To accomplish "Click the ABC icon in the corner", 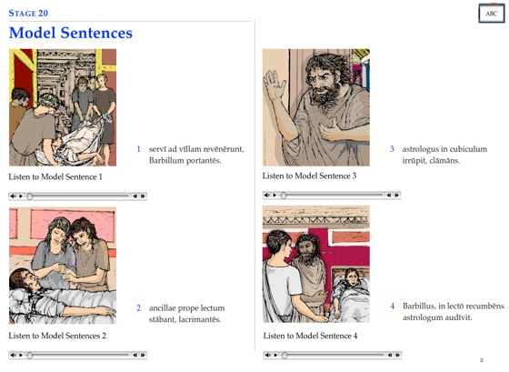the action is click(x=492, y=14).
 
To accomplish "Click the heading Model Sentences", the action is click(x=71, y=33).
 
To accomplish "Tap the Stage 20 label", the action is click(x=28, y=14).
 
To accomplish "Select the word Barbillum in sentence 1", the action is click(x=165, y=160).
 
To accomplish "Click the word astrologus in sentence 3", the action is click(x=417, y=149).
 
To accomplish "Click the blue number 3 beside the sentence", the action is click(x=392, y=149).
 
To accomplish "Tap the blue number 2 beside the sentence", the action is click(x=138, y=308).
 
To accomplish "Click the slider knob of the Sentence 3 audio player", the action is click(x=284, y=196).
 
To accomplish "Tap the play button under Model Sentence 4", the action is click(x=275, y=355).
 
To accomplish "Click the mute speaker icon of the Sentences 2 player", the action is click(x=13, y=355).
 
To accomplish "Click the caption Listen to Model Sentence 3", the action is click(x=309, y=176).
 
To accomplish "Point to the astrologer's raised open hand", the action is click(x=274, y=85).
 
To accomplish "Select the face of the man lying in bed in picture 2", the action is click(x=27, y=280).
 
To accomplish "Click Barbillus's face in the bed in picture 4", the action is click(x=352, y=276).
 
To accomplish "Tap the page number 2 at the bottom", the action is click(x=482, y=360).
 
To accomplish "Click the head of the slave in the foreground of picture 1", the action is click(x=48, y=101).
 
